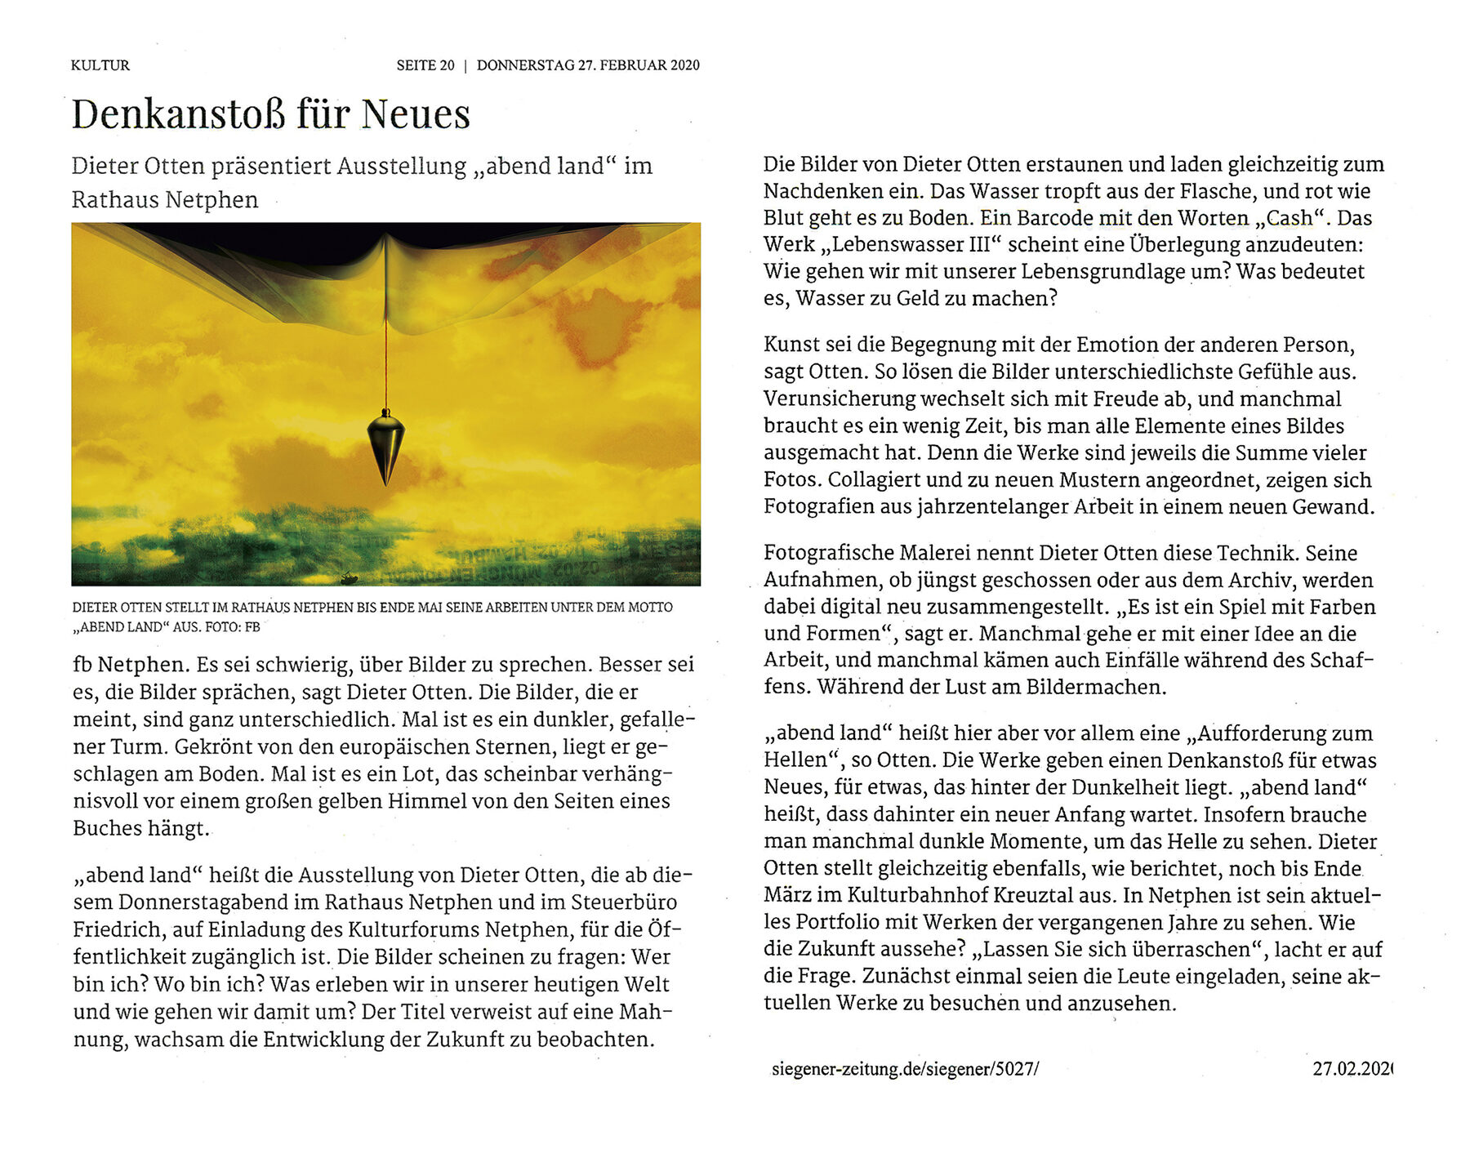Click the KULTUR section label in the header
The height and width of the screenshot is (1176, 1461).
click(100, 65)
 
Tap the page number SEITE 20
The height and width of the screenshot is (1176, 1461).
click(425, 65)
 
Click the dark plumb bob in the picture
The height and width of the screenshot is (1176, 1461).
click(385, 446)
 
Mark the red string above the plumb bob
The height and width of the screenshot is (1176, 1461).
click(385, 359)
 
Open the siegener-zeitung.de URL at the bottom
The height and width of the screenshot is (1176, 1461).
click(904, 1069)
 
